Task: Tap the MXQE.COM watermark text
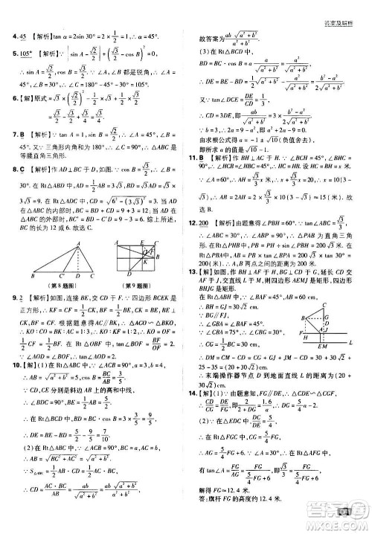coord(343,525)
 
